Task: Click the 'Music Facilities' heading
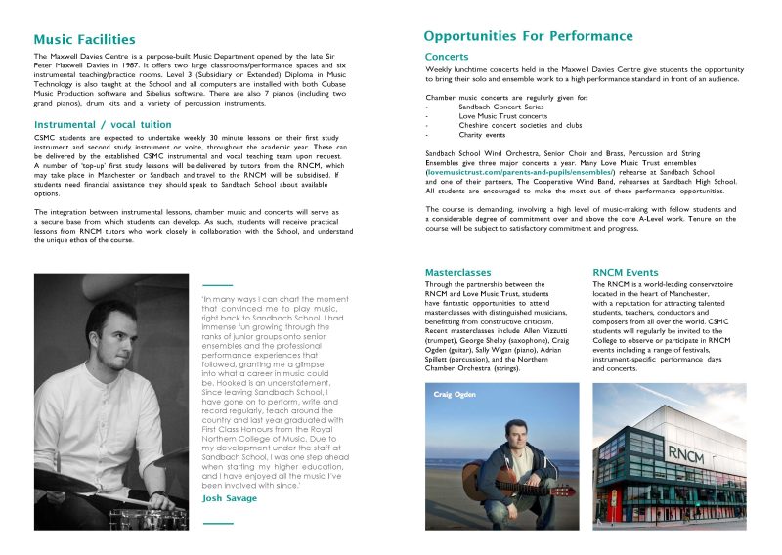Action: point(84,40)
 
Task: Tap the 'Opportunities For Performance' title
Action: point(528,37)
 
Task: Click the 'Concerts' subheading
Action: point(447,57)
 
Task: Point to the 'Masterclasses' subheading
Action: point(457,271)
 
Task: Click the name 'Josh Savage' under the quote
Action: point(230,498)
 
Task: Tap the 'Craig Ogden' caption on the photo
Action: point(455,394)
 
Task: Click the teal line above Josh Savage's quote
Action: point(217,284)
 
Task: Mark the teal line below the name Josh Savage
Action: point(217,524)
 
